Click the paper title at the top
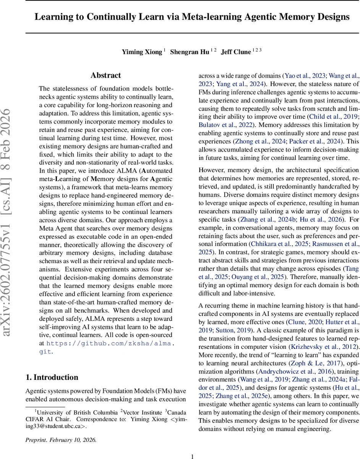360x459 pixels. click(192, 17)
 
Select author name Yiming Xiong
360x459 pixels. click(141, 52)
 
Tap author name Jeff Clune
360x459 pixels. click(237, 52)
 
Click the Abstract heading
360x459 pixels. click(105, 75)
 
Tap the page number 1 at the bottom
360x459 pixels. click(192, 456)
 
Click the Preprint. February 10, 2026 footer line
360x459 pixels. click(61, 440)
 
